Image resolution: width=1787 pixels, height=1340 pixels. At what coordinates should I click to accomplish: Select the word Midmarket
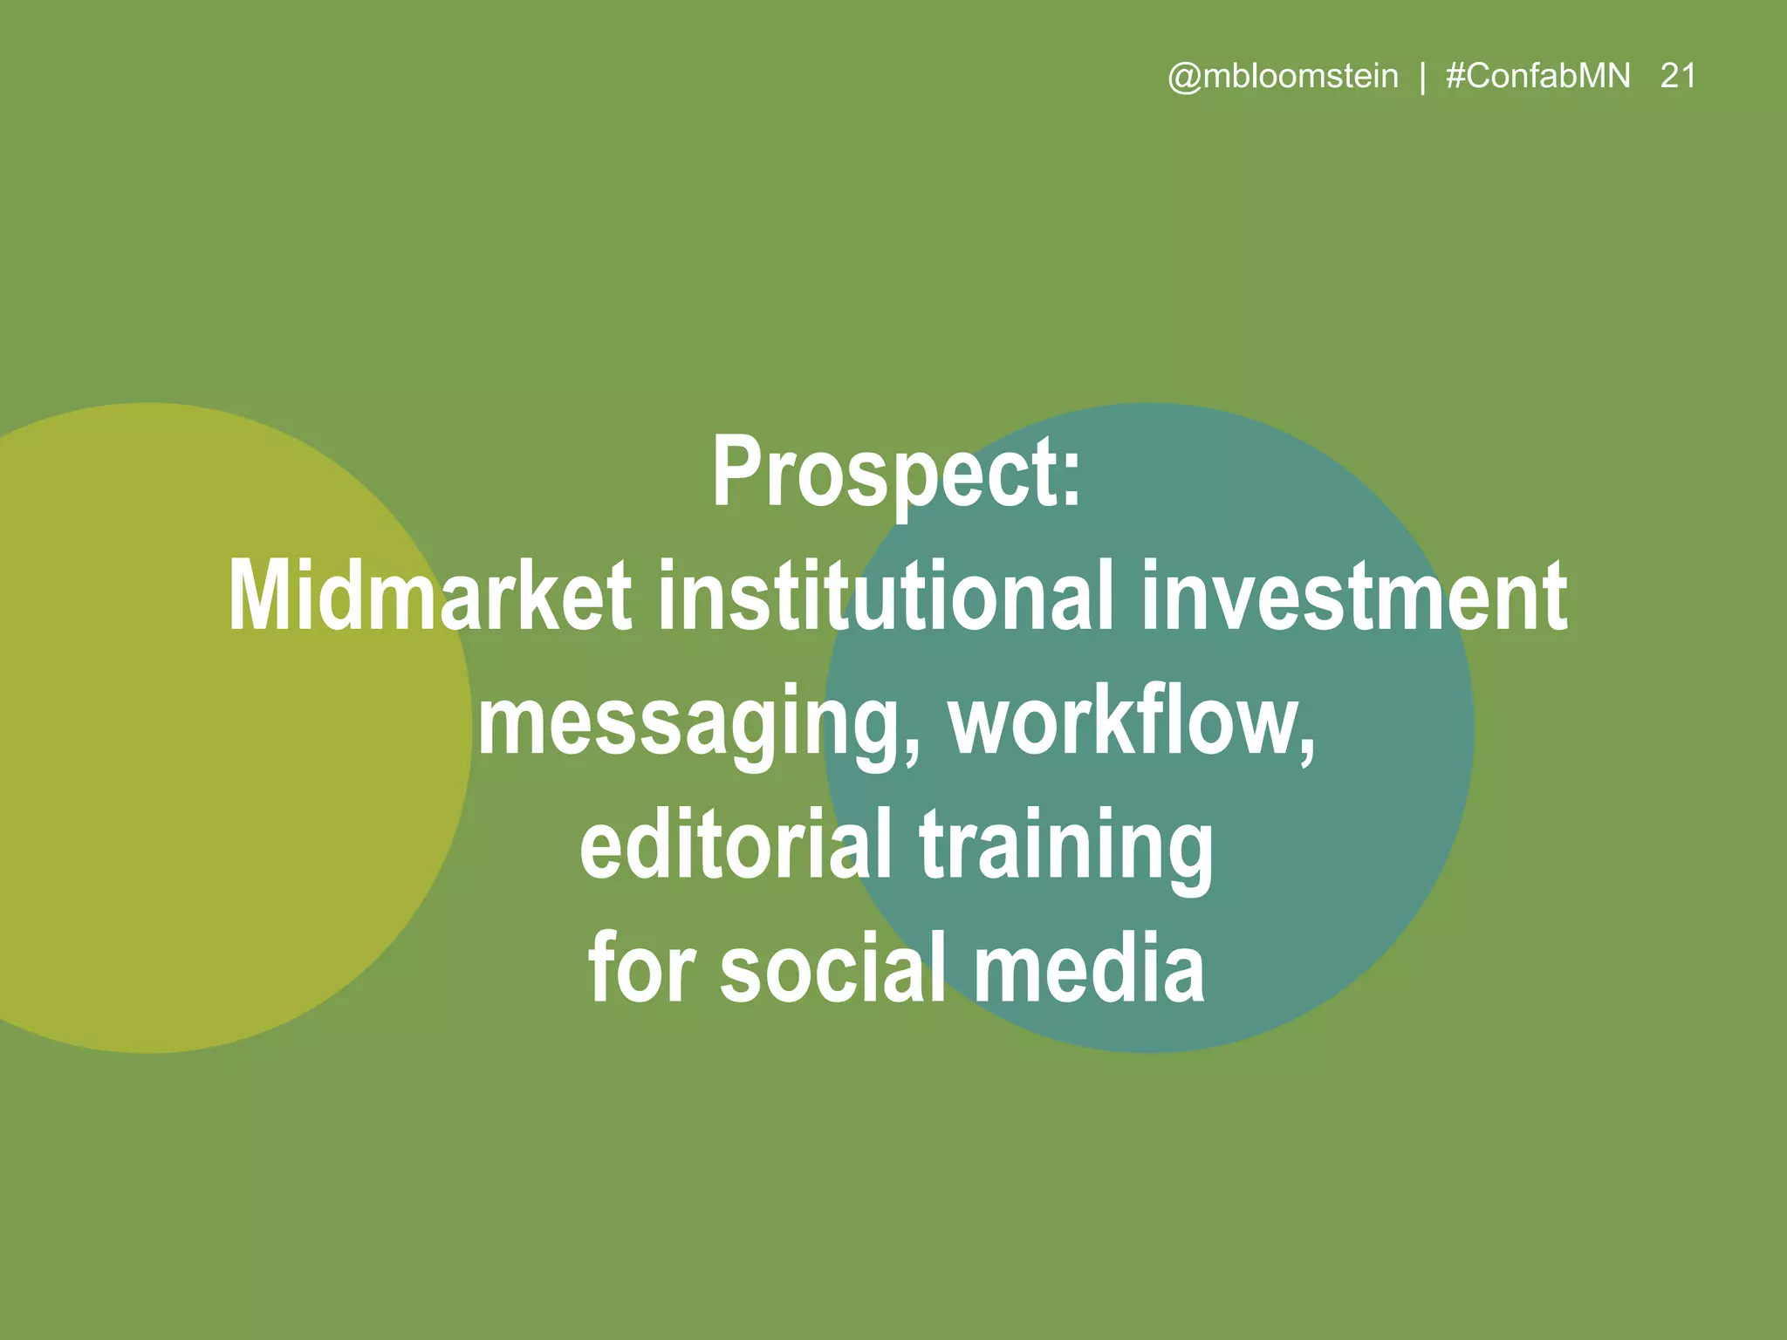click(x=429, y=597)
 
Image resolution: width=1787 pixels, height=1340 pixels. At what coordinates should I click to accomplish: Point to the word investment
click(x=1353, y=597)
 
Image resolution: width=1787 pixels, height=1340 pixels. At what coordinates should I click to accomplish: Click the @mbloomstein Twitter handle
click(x=1283, y=77)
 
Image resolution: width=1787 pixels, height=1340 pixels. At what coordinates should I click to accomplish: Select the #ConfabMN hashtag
click(x=1537, y=77)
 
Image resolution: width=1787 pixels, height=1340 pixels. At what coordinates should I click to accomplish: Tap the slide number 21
click(x=1678, y=77)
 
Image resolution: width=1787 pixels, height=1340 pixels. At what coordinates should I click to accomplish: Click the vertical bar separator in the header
click(x=1423, y=78)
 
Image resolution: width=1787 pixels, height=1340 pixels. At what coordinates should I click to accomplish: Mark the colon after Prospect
click(x=1072, y=484)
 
